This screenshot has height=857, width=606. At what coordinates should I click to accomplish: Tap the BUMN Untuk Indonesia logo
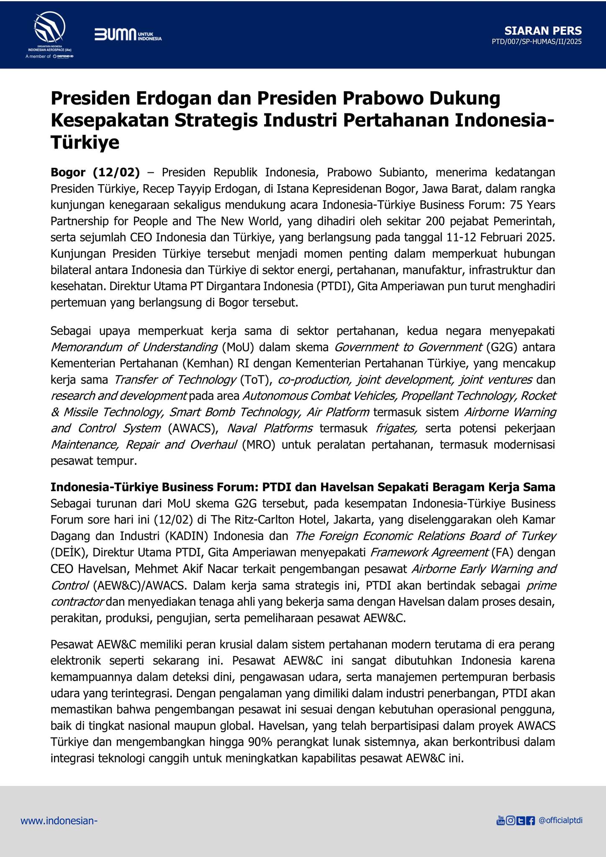128,35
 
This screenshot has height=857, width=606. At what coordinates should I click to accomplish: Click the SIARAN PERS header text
543,31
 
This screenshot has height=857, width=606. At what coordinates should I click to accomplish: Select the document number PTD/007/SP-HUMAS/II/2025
537,42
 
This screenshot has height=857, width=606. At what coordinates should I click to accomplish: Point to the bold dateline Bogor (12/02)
95,172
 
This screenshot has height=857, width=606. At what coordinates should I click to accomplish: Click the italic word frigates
396,428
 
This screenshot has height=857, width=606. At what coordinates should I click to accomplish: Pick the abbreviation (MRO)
258,445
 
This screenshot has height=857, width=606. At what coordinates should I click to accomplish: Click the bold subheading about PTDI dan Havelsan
303,487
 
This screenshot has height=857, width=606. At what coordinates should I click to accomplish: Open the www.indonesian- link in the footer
59,821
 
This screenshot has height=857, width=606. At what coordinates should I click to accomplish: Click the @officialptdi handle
561,820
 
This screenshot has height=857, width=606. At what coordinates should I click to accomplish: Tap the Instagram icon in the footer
510,821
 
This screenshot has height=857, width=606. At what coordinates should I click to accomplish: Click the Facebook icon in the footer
530,821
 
